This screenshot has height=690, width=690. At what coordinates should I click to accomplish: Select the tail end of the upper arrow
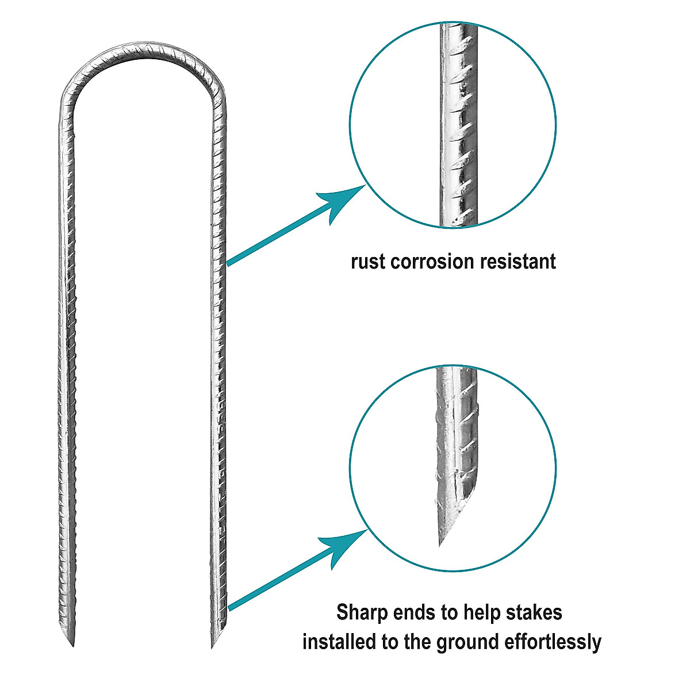[229, 263]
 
